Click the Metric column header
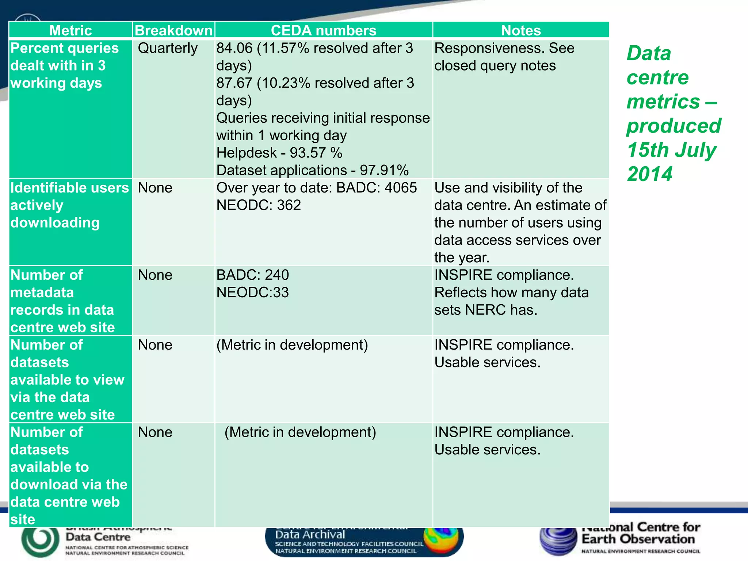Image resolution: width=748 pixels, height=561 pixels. click(70, 30)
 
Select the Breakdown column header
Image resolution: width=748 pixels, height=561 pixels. click(173, 30)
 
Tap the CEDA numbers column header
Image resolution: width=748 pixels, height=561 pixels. click(324, 30)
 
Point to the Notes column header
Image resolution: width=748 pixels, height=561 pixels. click(521, 30)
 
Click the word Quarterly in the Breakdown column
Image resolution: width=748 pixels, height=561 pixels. click(168, 48)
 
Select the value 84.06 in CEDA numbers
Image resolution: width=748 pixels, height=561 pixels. click(234, 48)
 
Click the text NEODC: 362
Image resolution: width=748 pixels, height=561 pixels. click(259, 205)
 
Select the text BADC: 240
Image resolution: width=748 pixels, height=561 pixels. click(252, 275)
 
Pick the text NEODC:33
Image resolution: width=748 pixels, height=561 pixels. click(252, 293)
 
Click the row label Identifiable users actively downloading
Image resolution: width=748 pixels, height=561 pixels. click(69, 205)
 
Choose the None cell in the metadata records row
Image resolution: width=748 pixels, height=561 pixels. click(155, 275)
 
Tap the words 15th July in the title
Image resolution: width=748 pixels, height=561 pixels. click(671, 150)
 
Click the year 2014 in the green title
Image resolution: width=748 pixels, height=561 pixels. click(649, 174)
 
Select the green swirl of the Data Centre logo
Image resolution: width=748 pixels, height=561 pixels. click(40, 539)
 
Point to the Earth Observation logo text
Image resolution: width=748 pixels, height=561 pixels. click(638, 539)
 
